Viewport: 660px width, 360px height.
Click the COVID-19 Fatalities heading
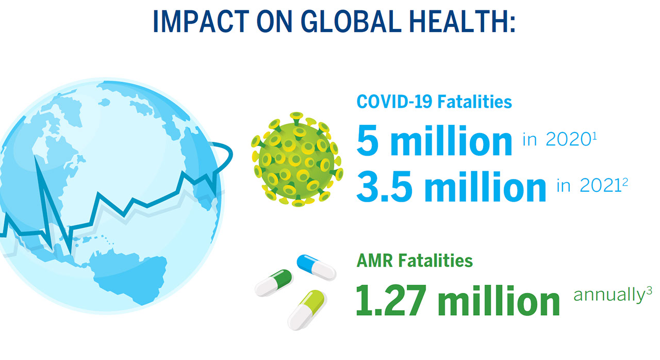434,102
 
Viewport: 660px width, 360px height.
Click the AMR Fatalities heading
415,261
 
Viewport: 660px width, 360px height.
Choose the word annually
608,296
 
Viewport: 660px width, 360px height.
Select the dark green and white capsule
274,283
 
